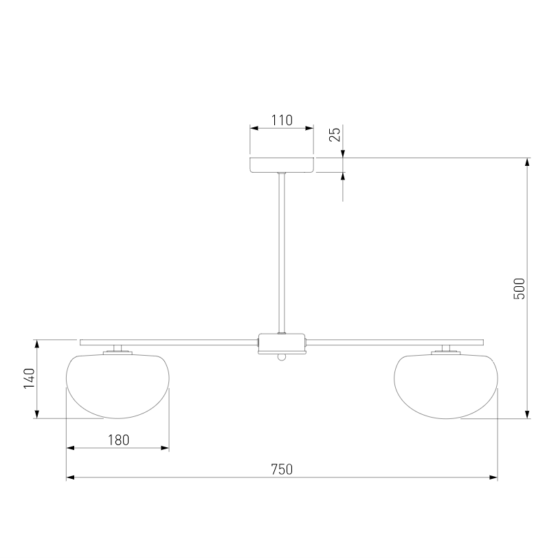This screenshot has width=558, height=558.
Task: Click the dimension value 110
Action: [282, 120]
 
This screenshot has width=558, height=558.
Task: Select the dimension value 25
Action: [335, 134]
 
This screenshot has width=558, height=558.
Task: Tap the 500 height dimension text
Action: [520, 288]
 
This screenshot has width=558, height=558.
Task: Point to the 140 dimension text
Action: [29, 378]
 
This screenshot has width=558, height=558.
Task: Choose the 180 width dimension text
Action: [118, 440]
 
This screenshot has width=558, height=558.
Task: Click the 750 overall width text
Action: [282, 470]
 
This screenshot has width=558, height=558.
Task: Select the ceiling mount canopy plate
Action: [282, 165]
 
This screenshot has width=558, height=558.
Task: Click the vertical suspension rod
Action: [282, 253]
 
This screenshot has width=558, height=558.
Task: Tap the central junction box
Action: [282, 343]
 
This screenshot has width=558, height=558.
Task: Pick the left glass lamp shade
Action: [118, 386]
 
